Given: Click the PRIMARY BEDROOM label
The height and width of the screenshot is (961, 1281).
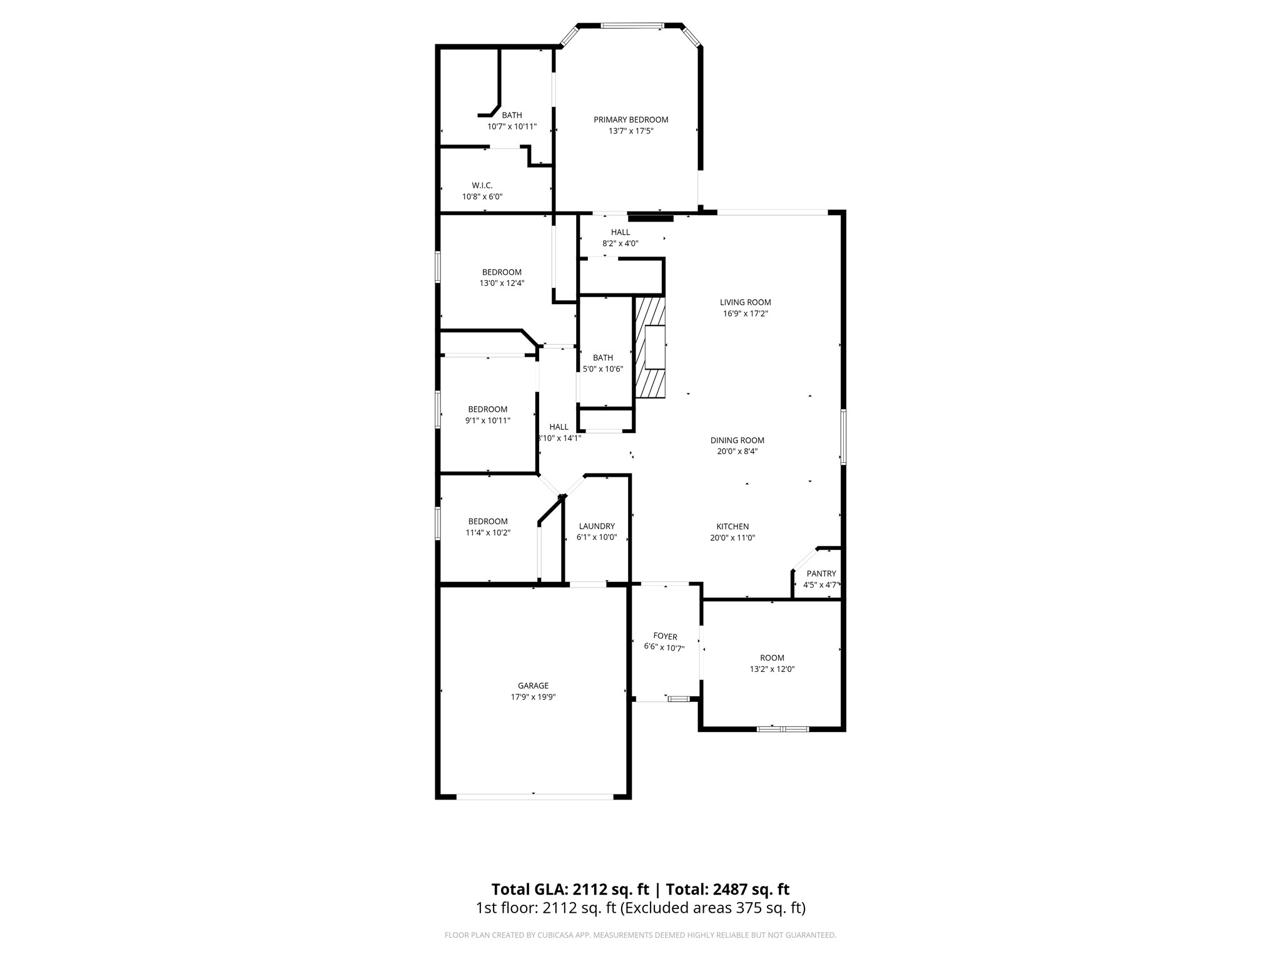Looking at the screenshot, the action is point(630,119).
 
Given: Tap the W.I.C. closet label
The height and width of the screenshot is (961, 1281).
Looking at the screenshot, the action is point(482,185).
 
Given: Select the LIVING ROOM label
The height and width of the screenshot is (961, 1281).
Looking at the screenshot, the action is point(745,302).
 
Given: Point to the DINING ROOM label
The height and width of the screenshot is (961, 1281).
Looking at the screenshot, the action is point(737,440).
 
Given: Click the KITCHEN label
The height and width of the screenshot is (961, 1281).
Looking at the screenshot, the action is point(732,526).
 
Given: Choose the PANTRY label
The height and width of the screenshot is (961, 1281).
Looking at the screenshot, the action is point(821,573).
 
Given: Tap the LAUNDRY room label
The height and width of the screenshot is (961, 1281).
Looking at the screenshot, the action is point(597,526).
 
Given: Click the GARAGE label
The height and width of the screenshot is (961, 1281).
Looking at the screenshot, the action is point(533,686).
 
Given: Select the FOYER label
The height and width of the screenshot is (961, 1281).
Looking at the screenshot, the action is point(665,637).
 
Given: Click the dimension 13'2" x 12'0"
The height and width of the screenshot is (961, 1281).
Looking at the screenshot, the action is point(772,669).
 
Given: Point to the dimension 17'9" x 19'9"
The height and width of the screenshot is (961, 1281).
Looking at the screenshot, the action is point(533,697).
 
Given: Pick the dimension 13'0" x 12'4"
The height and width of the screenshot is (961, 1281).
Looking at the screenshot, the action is point(502,283).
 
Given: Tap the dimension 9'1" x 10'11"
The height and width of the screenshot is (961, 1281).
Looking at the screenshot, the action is point(488,420).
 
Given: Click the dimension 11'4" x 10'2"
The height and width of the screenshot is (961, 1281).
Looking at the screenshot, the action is point(488,532).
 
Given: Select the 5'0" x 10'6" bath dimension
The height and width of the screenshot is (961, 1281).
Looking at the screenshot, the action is point(603,369).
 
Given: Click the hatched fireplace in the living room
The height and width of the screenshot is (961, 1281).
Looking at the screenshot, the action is point(651,347).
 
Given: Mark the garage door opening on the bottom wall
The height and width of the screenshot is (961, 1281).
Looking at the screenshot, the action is point(535,796).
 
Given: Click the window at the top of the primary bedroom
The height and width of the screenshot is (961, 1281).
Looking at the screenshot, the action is point(632,26).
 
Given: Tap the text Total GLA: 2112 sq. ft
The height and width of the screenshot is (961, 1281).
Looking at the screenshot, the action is point(570,889).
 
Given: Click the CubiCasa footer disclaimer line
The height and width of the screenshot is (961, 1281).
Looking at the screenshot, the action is point(640,935).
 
